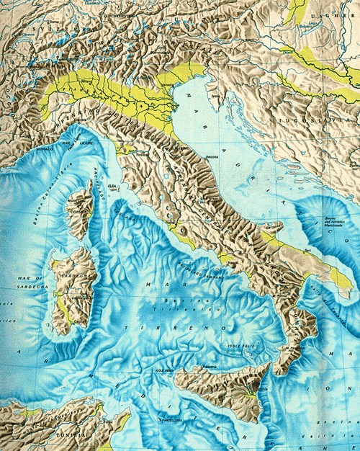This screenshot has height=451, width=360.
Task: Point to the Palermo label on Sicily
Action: (209, 367)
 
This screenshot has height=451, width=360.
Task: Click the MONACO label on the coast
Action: (45, 147)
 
